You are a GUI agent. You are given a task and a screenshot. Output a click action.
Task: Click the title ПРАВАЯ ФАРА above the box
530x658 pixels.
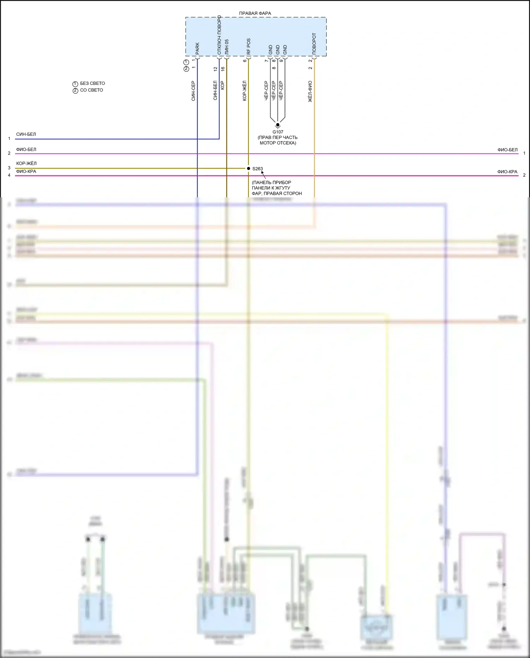click(x=255, y=13)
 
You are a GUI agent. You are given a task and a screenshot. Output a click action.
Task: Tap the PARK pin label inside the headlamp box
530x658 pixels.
click(x=197, y=48)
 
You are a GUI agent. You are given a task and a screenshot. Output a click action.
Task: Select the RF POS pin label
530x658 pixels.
click(x=248, y=46)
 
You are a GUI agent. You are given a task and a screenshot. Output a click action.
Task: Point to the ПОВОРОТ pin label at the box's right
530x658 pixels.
click(x=314, y=43)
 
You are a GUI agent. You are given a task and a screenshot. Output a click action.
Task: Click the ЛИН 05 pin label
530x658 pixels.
click(x=226, y=47)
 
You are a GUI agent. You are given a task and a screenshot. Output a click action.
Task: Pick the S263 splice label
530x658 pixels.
click(x=258, y=169)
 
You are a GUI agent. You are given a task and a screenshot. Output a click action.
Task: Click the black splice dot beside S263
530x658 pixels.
click(x=248, y=168)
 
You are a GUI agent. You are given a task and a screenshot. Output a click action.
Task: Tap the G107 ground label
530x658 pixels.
click(x=278, y=132)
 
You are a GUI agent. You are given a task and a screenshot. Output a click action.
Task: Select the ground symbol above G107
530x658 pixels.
click(x=278, y=125)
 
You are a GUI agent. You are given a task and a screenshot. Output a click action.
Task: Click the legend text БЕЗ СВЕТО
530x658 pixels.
click(x=92, y=83)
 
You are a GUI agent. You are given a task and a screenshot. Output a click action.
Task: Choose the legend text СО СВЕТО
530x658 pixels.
click(x=92, y=90)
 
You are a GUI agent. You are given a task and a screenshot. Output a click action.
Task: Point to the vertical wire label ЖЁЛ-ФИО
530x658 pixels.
click(x=310, y=92)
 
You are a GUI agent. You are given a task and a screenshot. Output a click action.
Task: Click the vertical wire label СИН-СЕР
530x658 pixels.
click(x=193, y=91)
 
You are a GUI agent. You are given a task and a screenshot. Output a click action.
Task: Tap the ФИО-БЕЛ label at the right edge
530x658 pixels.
click(x=507, y=150)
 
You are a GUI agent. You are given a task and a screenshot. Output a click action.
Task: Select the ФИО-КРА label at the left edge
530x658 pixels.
click(x=26, y=171)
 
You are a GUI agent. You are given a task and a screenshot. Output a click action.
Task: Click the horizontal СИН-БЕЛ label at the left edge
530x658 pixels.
click(x=26, y=134)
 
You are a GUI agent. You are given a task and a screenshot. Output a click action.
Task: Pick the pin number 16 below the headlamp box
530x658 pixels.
click(x=223, y=69)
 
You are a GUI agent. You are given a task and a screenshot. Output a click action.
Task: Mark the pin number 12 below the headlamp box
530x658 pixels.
click(x=215, y=69)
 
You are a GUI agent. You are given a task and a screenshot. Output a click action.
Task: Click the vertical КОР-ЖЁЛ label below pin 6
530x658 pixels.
click(x=245, y=91)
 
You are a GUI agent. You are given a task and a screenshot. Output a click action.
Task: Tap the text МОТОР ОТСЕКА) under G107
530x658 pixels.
click(x=278, y=143)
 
